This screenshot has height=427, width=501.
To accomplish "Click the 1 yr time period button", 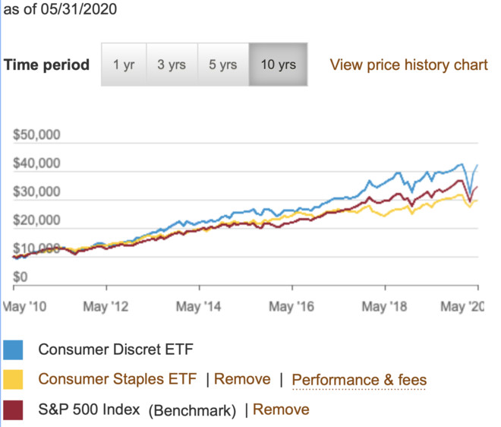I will click(123, 65).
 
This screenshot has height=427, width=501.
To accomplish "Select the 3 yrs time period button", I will click(172, 65).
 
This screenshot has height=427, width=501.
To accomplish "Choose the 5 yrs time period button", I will click(222, 65).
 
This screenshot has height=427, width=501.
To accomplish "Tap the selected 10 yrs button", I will click(278, 65).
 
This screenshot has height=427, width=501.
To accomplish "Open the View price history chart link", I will click(408, 65).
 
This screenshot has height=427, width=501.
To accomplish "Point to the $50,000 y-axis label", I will click(37, 136).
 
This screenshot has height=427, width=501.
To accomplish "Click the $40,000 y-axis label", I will click(37, 164).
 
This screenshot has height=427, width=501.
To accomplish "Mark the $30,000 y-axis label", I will click(37, 192).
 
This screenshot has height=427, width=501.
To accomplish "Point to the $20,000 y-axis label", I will click(37, 221).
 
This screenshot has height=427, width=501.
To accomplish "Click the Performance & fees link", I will click(359, 380).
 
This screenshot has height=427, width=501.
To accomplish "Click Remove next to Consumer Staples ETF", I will click(242, 379).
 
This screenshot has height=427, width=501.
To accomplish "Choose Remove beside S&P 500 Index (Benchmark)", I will click(281, 410).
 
